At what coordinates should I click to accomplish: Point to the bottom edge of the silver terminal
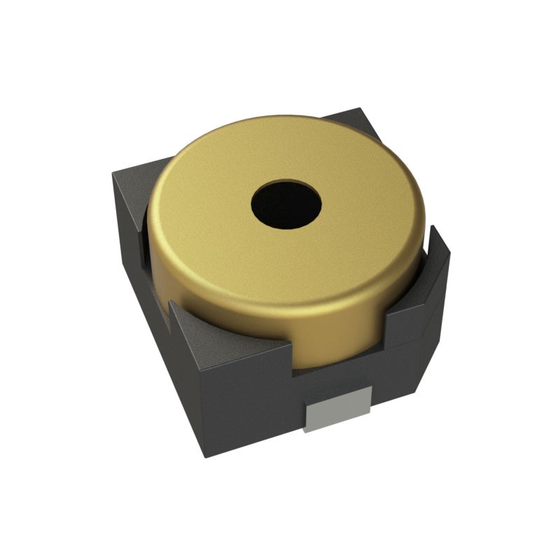tap(337, 428)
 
